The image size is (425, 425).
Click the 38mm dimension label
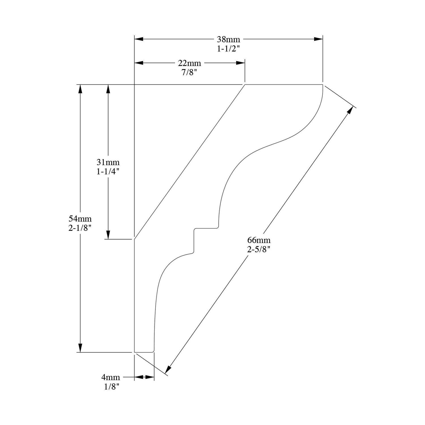click(x=228, y=39)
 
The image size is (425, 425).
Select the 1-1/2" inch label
click(x=228, y=49)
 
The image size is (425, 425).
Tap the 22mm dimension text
click(x=189, y=63)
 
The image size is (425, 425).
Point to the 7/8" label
click(x=189, y=72)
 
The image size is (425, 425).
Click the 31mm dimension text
click(x=108, y=162)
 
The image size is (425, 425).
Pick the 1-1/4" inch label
click(x=108, y=172)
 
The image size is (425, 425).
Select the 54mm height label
click(x=80, y=218)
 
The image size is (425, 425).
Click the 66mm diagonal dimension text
click(x=259, y=240)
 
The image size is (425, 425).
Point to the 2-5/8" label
click(x=259, y=250)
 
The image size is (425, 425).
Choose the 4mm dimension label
click(x=111, y=377)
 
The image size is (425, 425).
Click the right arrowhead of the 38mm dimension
click(x=318, y=39)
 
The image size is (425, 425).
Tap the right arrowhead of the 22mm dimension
click(x=241, y=63)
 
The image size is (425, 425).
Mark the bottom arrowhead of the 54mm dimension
click(x=80, y=348)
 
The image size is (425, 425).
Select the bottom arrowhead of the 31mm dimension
click(x=108, y=235)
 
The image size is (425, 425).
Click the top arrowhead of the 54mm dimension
click(x=80, y=89)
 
